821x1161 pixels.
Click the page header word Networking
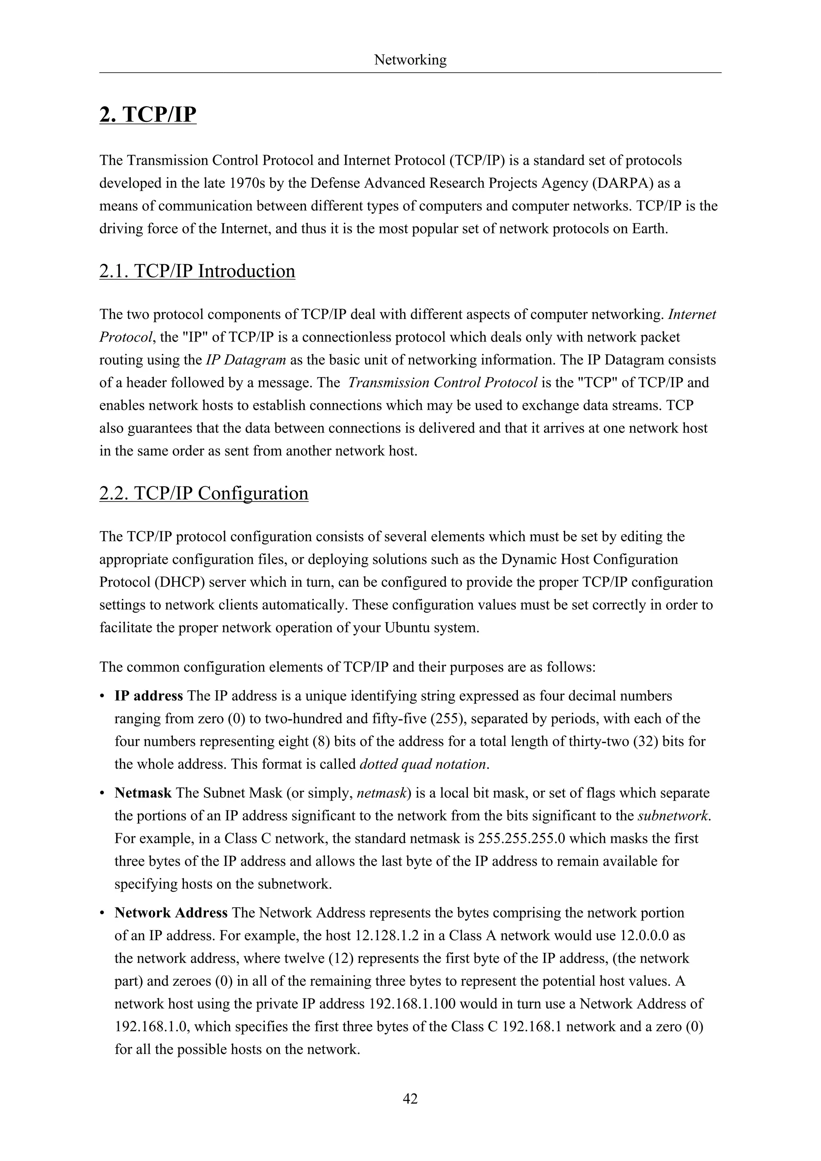[x=410, y=60]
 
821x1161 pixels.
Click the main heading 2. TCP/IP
[x=148, y=114]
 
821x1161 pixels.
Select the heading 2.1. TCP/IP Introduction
[x=197, y=271]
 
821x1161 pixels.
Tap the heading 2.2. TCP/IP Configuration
[x=204, y=493]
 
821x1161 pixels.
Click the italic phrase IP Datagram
[x=246, y=360]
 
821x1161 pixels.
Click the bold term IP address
[x=149, y=696]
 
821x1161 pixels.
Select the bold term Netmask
[x=143, y=793]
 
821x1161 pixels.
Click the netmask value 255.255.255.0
[x=521, y=838]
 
